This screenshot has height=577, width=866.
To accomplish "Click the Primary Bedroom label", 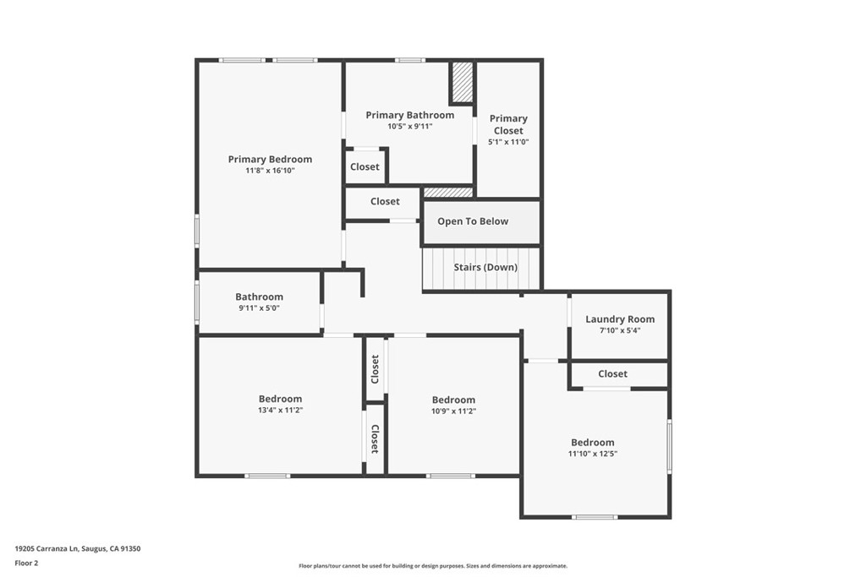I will (270, 159).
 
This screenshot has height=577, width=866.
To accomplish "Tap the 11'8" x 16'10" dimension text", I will (270, 171).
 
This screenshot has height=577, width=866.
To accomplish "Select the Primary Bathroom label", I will (409, 115).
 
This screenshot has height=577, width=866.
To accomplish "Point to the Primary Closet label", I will (508, 124).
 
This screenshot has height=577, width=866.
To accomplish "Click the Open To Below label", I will (473, 221).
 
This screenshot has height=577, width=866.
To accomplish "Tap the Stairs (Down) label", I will (485, 267).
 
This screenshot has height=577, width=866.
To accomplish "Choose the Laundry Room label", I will (620, 319).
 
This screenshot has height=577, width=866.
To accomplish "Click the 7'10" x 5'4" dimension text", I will (620, 330).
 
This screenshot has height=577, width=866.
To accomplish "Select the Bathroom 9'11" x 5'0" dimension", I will (259, 308).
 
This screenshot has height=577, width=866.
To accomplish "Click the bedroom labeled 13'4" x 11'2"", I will (280, 399).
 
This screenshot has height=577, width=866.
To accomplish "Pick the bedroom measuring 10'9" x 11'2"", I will (453, 400).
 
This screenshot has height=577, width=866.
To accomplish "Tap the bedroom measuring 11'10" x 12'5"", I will (592, 443).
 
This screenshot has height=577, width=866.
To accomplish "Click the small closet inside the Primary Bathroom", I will (364, 166).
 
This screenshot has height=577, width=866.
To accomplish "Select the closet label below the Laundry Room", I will (612, 373).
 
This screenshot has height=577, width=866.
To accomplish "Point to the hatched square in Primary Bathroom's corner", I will (462, 82).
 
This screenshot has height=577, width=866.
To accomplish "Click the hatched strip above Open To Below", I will (447, 193).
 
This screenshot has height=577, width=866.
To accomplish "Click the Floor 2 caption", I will (26, 563).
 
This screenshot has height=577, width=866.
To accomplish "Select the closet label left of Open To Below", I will (385, 201).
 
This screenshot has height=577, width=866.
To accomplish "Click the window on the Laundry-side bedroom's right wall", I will (669, 446).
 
